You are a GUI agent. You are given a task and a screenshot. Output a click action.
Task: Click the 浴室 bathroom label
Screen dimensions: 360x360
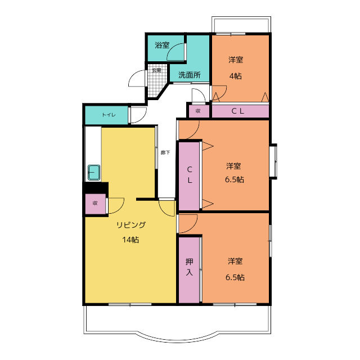click(162, 45)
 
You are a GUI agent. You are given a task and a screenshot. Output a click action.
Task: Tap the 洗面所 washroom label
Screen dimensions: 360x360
click(190, 75)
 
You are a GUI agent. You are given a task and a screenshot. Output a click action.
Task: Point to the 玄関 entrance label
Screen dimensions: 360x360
click(156, 70)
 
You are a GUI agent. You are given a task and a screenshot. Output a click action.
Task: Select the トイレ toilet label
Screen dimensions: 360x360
click(109, 115)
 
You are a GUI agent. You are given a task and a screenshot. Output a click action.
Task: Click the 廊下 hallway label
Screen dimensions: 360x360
click(165, 152)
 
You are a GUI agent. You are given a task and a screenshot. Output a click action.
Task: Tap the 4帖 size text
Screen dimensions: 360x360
click(236, 76)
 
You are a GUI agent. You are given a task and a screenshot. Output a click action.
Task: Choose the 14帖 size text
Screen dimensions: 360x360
click(130, 240)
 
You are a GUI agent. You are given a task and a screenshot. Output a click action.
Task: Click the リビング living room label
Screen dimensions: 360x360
click(131, 225)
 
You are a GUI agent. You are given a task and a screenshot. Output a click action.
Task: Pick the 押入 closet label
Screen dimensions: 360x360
click(189, 267)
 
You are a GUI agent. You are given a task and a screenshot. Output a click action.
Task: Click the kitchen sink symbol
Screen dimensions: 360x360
click(94, 172)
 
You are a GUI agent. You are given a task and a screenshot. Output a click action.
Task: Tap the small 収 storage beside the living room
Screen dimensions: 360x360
click(95, 203)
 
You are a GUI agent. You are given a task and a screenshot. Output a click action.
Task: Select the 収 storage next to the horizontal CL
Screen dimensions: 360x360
click(199, 111)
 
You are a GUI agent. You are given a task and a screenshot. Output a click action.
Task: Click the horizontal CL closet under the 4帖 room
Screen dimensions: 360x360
click(240, 111)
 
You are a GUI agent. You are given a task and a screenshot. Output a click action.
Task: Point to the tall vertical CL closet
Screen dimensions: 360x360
click(189, 176)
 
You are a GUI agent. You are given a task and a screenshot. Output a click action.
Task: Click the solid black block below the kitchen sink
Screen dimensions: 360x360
click(96, 187)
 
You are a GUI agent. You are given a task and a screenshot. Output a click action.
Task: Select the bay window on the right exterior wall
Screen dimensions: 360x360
click(273, 161)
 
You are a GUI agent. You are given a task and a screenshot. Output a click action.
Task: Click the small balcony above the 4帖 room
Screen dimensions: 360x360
click(241, 25)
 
